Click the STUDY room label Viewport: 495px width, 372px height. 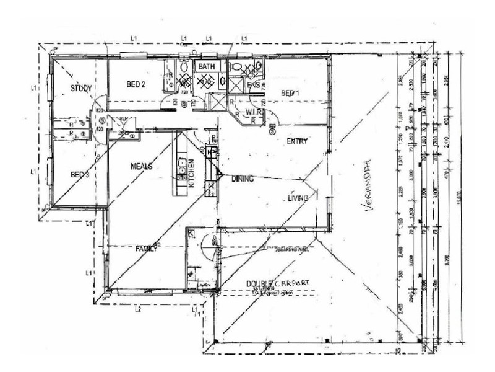(x=80, y=88)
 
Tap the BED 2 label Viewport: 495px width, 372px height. (x=136, y=84)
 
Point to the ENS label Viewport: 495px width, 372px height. (x=252, y=84)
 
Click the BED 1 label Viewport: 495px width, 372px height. (x=290, y=93)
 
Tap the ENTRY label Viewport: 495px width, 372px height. (x=297, y=142)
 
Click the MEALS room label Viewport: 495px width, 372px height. (x=141, y=167)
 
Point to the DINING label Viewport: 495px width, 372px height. (x=242, y=179)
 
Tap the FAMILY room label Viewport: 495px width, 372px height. (x=147, y=248)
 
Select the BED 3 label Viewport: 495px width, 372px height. (x=79, y=175)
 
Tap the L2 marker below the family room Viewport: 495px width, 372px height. (x=139, y=308)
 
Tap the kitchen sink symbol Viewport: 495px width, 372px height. (x=183, y=166)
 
